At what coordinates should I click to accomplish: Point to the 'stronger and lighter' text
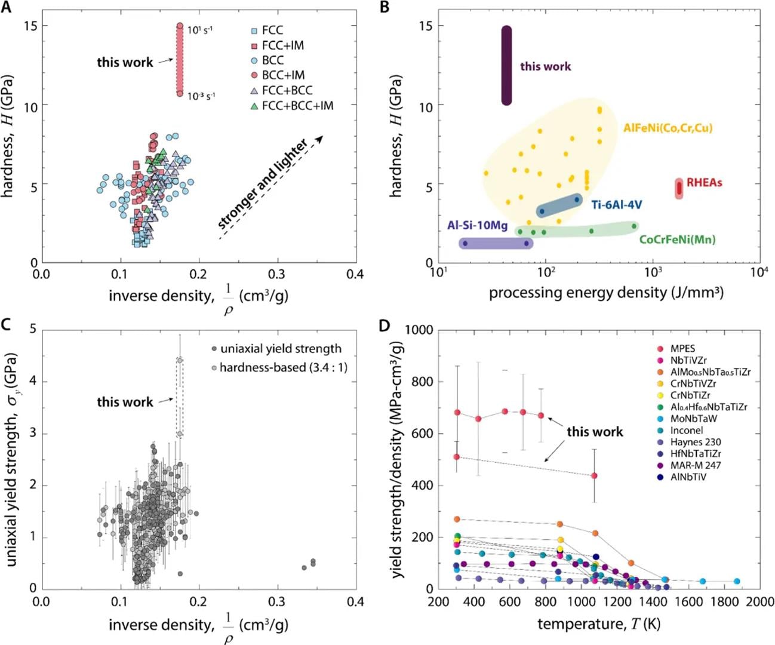[263, 185]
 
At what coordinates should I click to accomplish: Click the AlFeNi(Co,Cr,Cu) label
[668, 128]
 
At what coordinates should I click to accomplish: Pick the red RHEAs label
[704, 182]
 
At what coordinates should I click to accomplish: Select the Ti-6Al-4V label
[616, 205]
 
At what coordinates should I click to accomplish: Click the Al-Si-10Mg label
[477, 225]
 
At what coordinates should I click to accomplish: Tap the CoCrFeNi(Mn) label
[677, 239]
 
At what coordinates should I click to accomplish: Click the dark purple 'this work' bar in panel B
[506, 66]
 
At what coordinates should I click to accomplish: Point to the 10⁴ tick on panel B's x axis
[759, 272]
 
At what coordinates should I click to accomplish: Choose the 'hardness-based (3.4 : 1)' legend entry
[283, 367]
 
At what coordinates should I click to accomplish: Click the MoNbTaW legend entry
[694, 419]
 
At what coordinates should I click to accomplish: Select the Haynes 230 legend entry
[695, 442]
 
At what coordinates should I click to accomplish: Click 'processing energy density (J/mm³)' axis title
[606, 293]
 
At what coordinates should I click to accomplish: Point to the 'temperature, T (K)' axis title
[599, 624]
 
